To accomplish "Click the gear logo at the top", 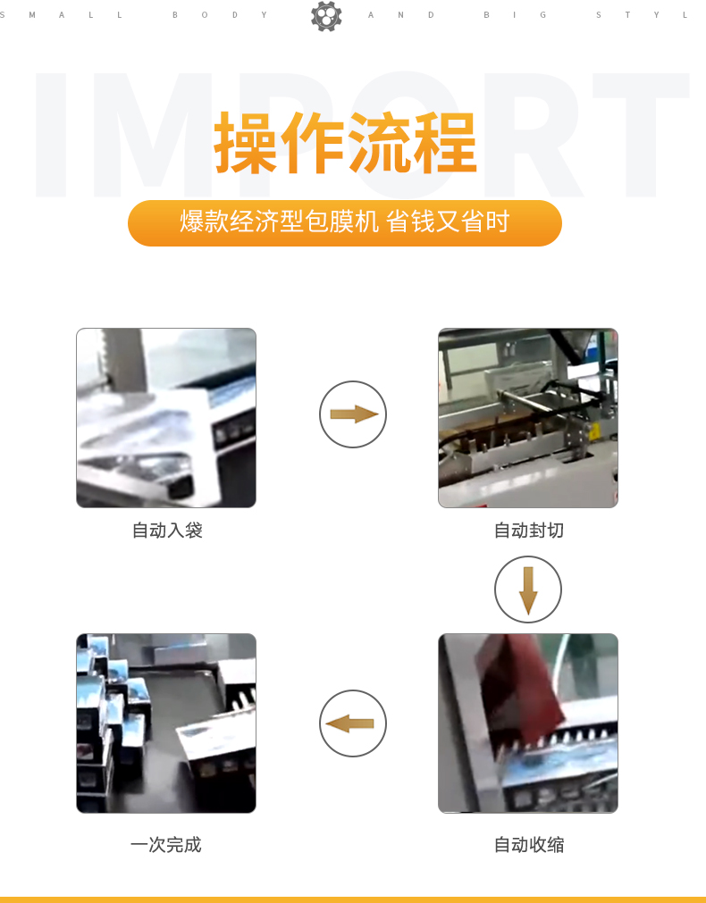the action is (x=326, y=15).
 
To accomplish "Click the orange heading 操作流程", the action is (x=345, y=143).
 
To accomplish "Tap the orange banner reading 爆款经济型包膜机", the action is (x=345, y=223).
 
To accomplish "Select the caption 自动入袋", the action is (x=167, y=531).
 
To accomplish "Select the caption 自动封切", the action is (x=529, y=531).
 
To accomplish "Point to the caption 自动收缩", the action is (x=529, y=845).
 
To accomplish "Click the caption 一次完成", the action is (x=166, y=845).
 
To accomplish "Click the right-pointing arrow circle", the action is (x=353, y=414).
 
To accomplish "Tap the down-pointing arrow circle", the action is (x=528, y=589).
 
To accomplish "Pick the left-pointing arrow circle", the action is (x=353, y=723).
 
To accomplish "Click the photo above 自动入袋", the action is (x=166, y=418).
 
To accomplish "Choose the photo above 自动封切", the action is (x=528, y=418).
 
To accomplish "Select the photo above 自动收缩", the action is (x=528, y=723).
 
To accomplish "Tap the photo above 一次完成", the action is (x=166, y=723).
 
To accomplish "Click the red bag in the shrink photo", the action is (x=518, y=685).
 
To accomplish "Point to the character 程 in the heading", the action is (x=445, y=143).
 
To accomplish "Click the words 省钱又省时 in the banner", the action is (x=447, y=222).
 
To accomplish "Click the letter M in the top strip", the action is (x=32, y=15).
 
